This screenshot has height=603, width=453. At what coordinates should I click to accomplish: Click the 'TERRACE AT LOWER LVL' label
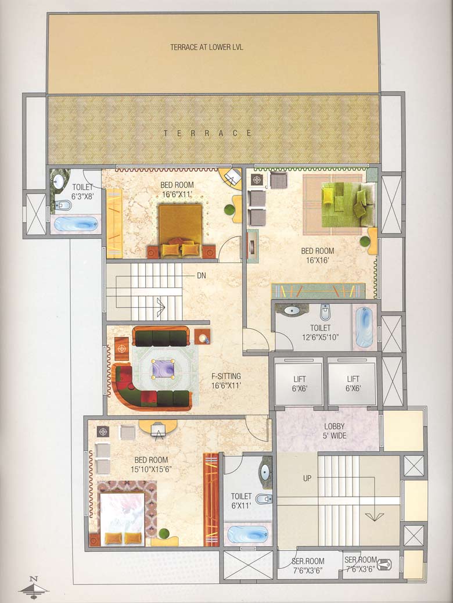[x=206, y=47]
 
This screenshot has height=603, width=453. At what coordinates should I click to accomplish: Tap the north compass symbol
[x=34, y=586]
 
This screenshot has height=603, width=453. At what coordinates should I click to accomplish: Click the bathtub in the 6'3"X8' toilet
[x=75, y=224]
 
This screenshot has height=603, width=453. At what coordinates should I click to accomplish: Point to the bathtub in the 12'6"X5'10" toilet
[x=364, y=326]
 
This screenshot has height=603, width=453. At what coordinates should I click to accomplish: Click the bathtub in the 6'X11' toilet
[x=248, y=534]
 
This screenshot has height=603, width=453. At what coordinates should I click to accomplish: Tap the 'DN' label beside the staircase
[x=202, y=275]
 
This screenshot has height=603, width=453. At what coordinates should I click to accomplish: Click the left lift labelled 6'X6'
[x=299, y=383]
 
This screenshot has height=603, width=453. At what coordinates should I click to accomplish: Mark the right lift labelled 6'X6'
[x=353, y=383]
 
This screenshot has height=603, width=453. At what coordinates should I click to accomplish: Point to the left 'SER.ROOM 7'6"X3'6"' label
[x=308, y=565]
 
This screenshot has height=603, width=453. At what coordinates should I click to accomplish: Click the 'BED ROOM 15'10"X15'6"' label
[x=150, y=464]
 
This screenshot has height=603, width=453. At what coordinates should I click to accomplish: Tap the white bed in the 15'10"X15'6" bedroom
[x=123, y=519]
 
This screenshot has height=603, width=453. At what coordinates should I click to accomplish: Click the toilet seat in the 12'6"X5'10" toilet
[x=325, y=313]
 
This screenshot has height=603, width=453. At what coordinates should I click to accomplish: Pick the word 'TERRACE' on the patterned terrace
[x=207, y=133]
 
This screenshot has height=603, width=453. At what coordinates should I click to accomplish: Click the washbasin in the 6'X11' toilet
[x=264, y=472]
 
